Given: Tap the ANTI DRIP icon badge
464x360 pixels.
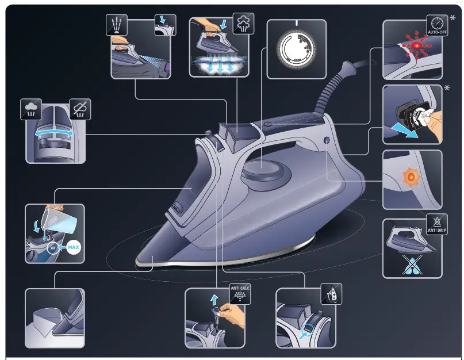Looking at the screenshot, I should [436, 225].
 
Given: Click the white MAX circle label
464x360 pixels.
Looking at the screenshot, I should [73, 248].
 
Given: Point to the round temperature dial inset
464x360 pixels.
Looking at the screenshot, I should [296, 49].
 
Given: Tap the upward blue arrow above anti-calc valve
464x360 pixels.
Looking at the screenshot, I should [214, 298].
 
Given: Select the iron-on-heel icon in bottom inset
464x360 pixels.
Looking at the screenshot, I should [331, 295].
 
